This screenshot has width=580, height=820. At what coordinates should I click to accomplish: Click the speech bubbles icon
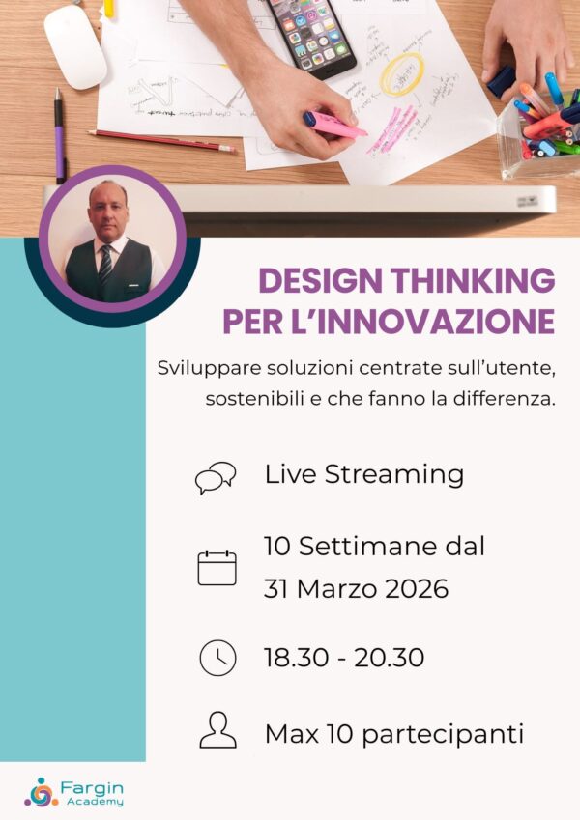tap(216, 477)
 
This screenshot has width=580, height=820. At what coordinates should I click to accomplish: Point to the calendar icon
tap(217, 568)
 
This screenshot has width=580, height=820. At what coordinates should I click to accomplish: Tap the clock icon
tap(217, 658)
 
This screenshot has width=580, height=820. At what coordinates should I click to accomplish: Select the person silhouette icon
tap(217, 731)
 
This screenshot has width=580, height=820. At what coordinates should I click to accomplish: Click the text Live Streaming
tap(363, 475)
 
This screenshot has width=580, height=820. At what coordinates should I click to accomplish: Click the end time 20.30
tap(389, 658)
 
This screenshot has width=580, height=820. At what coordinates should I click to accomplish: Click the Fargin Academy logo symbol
tap(41, 792)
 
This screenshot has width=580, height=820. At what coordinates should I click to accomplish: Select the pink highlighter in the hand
tap(333, 125)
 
